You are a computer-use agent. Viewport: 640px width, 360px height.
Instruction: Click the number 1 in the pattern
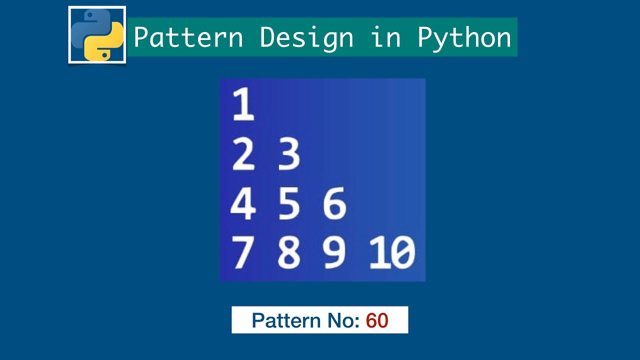(243, 105)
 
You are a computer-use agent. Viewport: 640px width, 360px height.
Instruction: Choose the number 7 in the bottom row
(242, 252)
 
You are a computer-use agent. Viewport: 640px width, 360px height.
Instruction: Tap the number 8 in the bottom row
(289, 252)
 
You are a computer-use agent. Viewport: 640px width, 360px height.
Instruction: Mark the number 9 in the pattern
(334, 252)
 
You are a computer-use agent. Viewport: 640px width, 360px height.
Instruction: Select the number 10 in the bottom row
(392, 252)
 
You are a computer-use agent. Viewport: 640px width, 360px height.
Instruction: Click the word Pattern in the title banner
(188, 37)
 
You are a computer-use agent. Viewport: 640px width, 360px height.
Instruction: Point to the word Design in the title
(306, 37)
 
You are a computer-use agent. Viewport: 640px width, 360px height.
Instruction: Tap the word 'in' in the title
(385, 37)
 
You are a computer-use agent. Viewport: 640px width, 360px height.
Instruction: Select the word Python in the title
(464, 37)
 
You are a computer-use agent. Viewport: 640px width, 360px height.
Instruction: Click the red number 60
(377, 320)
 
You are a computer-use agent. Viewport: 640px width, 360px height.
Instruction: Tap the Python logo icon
(97, 35)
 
